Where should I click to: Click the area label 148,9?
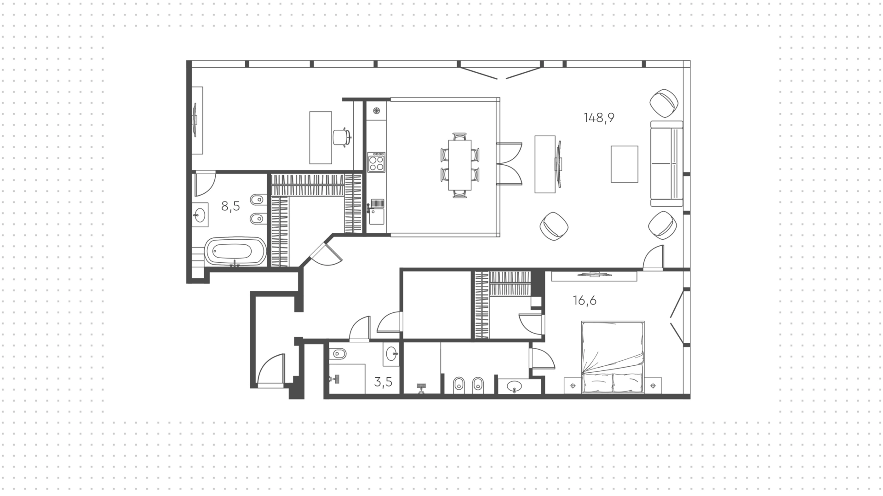(x=599, y=118)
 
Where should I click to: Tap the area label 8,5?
(x=230, y=206)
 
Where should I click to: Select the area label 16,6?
(x=585, y=300)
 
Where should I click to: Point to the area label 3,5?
(x=383, y=382)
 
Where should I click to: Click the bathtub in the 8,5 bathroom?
(x=235, y=251)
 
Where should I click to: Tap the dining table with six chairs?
(x=460, y=165)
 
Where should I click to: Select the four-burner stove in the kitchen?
(x=377, y=162)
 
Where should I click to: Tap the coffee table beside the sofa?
(x=624, y=164)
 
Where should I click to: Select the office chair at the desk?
(x=341, y=137)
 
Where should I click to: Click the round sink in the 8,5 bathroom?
(x=200, y=215)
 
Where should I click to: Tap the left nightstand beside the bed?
(x=573, y=386)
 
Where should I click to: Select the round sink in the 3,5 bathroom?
(x=392, y=354)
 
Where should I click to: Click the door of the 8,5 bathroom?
(x=205, y=183)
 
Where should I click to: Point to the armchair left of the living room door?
(x=554, y=226)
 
